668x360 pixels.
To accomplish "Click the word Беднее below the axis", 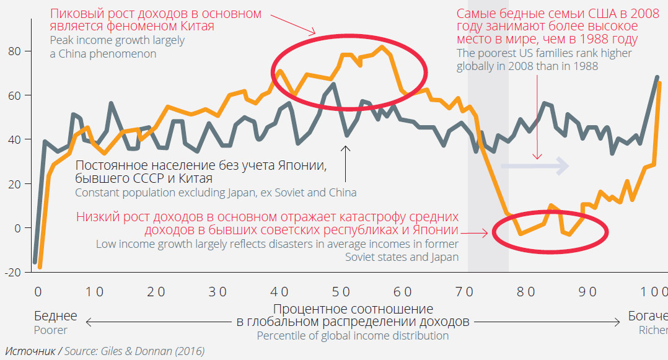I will click(56, 316).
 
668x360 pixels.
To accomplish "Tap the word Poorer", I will click(51, 330).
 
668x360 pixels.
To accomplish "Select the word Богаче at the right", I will click(648, 316).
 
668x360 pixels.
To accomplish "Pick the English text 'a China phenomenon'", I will click(103, 54).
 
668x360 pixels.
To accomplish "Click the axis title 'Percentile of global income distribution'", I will click(353, 336).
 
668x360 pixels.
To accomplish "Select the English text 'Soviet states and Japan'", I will click(402, 257).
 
